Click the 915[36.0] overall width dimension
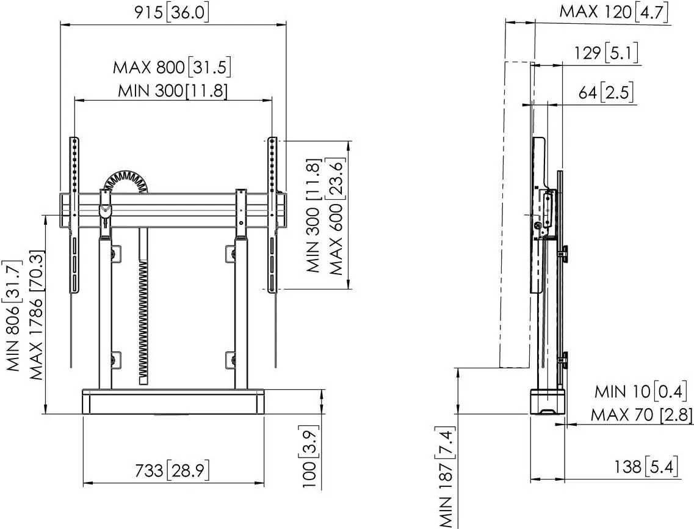pyautogui.click(x=172, y=12)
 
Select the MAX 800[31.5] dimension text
pyautogui.click(x=172, y=67)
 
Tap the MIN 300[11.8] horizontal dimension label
pyautogui.click(x=173, y=91)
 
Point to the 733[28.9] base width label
pyautogui.click(x=172, y=470)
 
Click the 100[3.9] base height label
pyautogui.click(x=310, y=457)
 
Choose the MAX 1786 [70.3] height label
pyautogui.click(x=37, y=315)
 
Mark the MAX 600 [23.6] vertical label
pyautogui.click(x=336, y=217)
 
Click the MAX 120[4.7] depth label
pyautogui.click(x=614, y=12)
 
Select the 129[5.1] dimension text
pyautogui.click(x=607, y=53)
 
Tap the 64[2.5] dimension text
pyautogui.click(x=606, y=93)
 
